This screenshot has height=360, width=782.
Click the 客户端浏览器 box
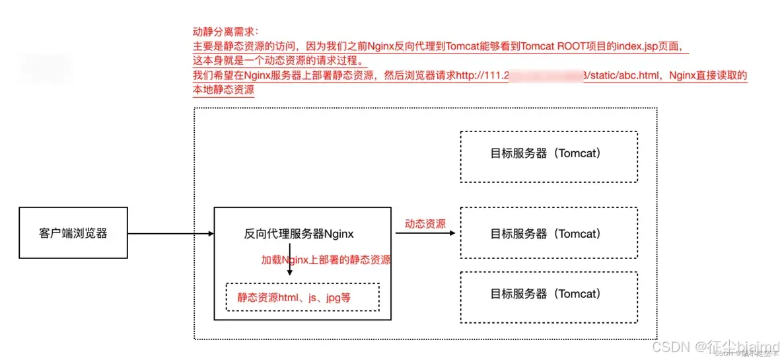(73, 233)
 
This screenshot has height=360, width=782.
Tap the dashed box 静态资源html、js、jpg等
(302, 297)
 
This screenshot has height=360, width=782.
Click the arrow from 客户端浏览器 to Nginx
(170, 234)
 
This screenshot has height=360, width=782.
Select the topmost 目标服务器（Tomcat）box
(548, 156)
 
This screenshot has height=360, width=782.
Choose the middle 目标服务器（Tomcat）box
(548, 233)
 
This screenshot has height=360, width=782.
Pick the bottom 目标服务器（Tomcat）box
(548, 294)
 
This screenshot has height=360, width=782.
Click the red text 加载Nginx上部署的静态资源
(326, 260)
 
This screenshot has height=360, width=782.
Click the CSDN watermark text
(670, 347)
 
